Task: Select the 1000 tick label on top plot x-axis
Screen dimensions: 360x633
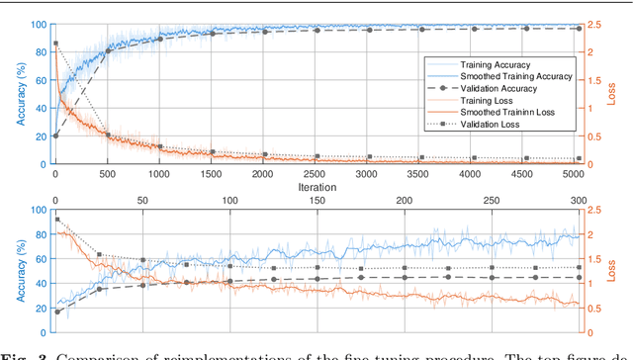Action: click(159, 173)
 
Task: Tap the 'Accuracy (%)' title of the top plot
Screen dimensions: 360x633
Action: click(20, 94)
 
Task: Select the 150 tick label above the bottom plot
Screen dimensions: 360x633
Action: click(317, 201)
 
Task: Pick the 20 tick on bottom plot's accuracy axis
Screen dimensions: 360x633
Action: click(42, 308)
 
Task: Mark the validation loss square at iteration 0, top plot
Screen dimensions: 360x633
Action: click(55, 44)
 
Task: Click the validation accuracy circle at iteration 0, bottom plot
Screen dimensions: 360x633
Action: click(55, 312)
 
